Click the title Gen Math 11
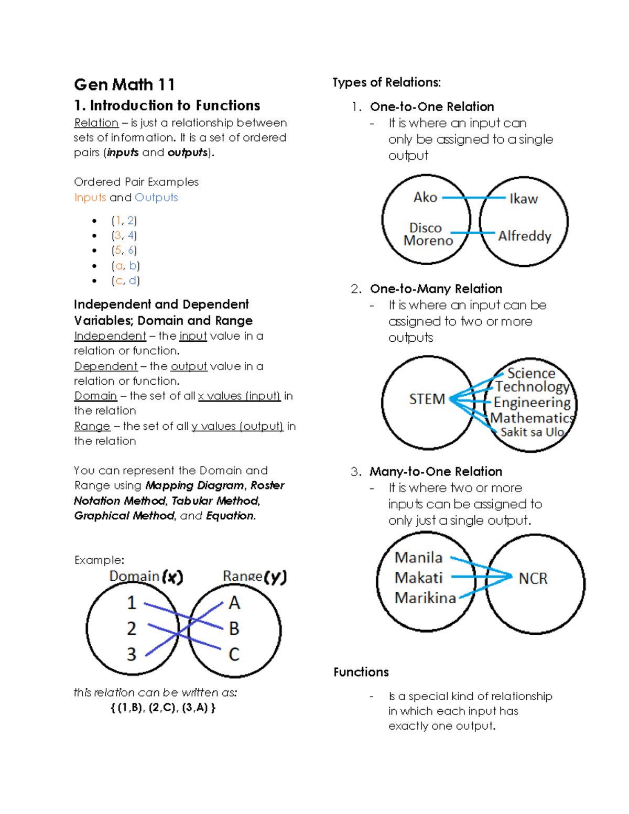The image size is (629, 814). coord(124,84)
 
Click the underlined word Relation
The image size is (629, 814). coord(96,123)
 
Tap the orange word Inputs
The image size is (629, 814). coord(90,198)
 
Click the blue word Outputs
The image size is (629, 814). coord(156,198)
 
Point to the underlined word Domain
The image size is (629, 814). coord(95,396)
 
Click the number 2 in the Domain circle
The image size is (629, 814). coord(132,628)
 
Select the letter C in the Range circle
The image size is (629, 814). coord(234,654)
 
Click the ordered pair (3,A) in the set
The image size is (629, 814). coord(195,708)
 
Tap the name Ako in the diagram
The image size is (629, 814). coord(425,197)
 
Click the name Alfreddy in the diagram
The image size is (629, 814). coord(525,236)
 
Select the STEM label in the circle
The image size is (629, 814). coord(427,399)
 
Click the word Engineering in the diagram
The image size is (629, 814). coord(532,403)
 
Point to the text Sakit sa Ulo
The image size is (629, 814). coord(532,432)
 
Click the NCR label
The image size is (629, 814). coord(533,578)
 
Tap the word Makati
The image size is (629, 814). coord(418,578)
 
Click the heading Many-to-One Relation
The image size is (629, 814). coord(436,471)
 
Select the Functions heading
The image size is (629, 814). coord(361,672)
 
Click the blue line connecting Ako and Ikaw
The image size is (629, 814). coord(474,198)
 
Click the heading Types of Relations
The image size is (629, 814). coord(386,82)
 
